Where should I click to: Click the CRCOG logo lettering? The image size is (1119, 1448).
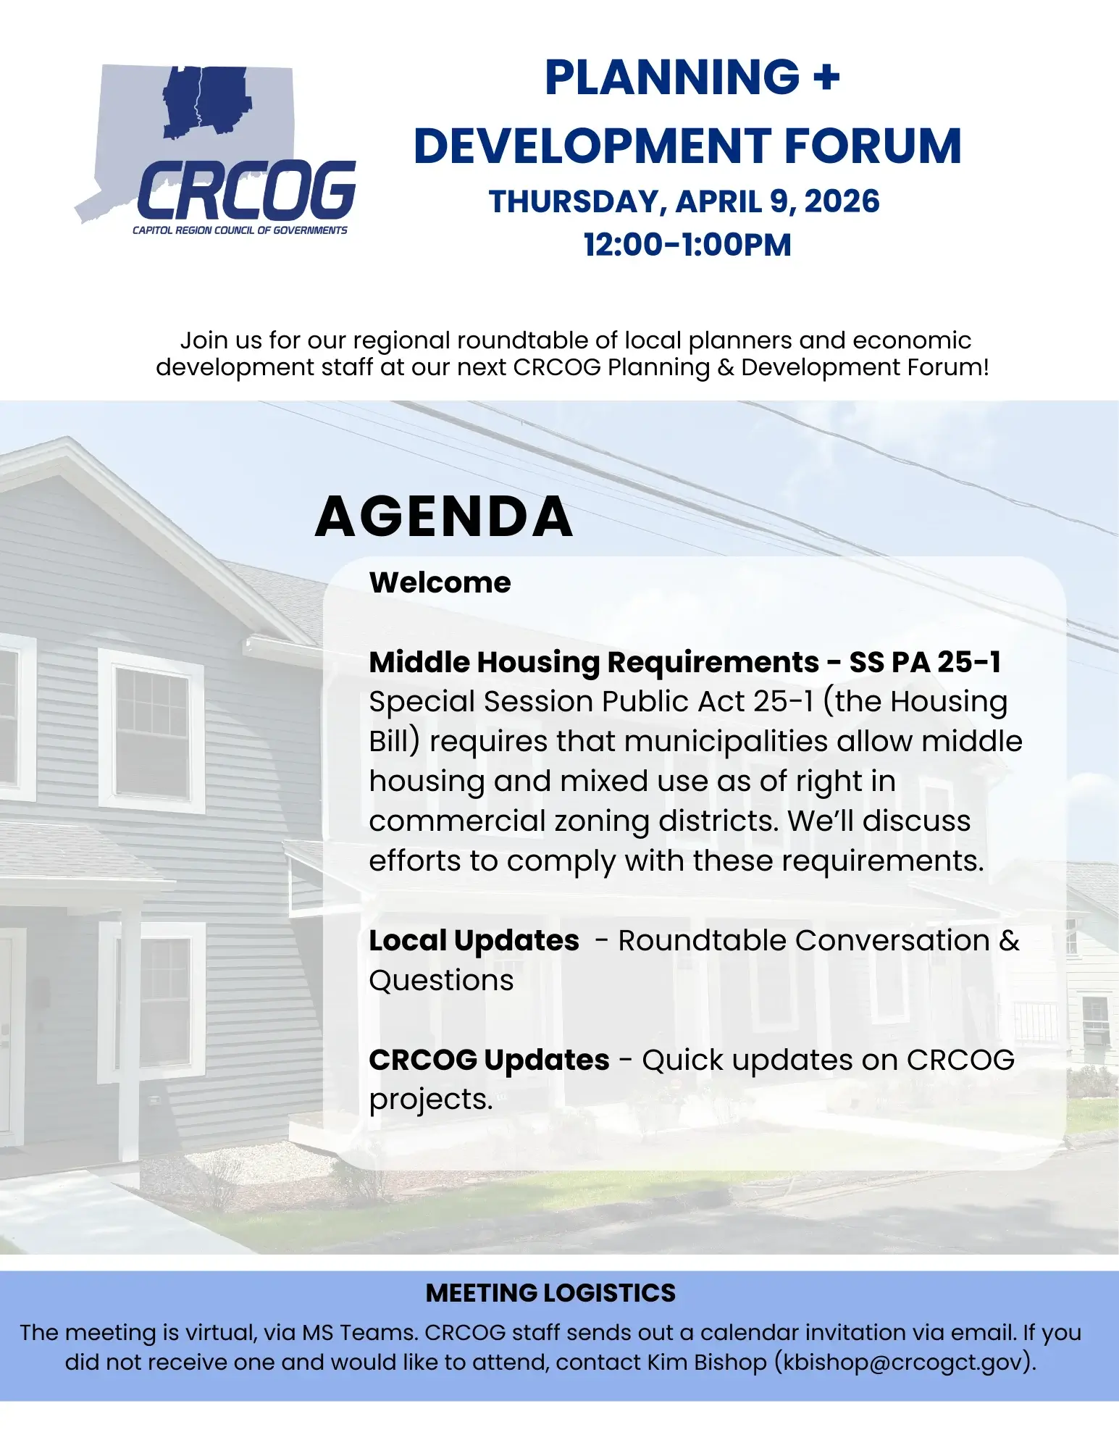pyautogui.click(x=246, y=190)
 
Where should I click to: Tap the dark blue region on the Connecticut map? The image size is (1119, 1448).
pyautogui.click(x=206, y=101)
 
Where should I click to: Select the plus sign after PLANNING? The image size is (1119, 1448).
pyautogui.click(x=826, y=77)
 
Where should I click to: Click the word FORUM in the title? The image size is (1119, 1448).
pyautogui.click(x=873, y=146)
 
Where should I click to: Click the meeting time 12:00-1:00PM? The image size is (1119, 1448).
pyautogui.click(x=687, y=245)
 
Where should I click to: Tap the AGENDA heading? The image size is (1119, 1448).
pyautogui.click(x=443, y=516)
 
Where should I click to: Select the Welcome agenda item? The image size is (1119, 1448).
pyautogui.click(x=440, y=582)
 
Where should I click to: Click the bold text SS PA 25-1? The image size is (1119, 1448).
pyautogui.click(x=925, y=662)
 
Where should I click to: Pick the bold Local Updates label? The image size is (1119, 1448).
pyautogui.click(x=474, y=940)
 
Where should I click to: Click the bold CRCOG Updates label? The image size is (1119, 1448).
pyautogui.click(x=489, y=1060)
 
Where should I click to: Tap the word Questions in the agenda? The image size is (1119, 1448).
pyautogui.click(x=441, y=980)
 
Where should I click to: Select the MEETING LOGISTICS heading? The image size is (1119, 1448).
pyautogui.click(x=550, y=1293)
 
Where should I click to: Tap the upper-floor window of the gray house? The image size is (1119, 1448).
pyautogui.click(x=151, y=730)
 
